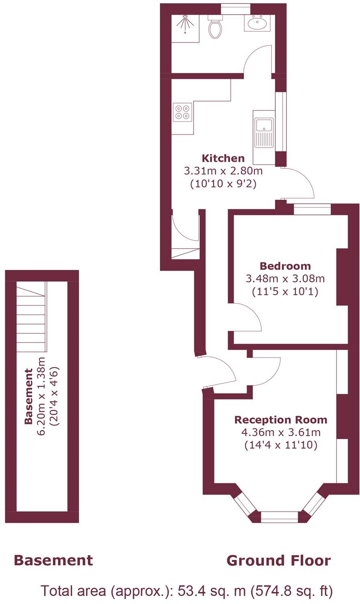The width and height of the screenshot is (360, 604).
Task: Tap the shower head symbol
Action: pos(185,22)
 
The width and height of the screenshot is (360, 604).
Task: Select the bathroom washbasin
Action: pos(257,23)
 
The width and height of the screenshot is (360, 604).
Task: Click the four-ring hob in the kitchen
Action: pos(182,112)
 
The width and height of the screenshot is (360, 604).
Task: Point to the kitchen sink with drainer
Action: pos(264,132)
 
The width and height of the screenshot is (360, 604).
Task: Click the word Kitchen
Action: pos(223,158)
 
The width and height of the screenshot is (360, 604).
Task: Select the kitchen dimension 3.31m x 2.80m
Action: pos(223,171)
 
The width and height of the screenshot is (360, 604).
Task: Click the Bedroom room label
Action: pos(285,266)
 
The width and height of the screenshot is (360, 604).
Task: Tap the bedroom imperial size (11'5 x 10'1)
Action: pos(285,292)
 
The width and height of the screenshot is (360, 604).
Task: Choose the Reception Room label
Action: pos(281,420)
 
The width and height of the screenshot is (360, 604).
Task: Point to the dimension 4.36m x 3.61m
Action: pos(281,432)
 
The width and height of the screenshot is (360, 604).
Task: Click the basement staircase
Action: pos(31,317)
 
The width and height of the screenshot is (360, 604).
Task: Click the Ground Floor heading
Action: pos(279,560)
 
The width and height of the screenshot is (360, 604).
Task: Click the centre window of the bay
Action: pos(279,517)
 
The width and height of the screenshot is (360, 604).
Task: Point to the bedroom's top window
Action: pos(312,209)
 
